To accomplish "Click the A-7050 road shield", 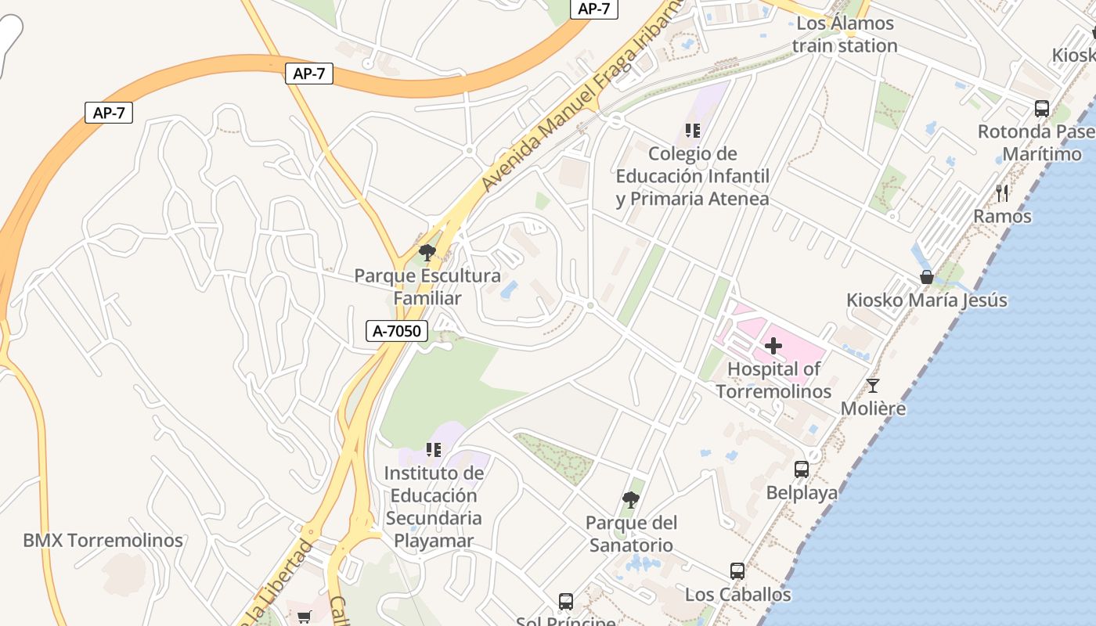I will pos(396,331).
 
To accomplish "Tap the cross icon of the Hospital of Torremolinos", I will pos(773,345).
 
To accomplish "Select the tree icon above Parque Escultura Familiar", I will pos(427,252).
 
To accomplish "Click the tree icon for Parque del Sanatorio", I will pos(631,499).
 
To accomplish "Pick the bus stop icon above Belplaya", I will pos(802,469).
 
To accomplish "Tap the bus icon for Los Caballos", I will pos(737,571).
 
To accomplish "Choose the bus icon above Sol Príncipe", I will pos(566,601).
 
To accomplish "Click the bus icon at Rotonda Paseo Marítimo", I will pos(1042,109).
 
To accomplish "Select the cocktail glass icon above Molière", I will pos(873,386).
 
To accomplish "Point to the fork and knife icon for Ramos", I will pos(1002,192).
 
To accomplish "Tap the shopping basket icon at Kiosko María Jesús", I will pos(927,277).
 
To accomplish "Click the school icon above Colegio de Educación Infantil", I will pos(692,131).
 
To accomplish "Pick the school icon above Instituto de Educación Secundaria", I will pos(434,450).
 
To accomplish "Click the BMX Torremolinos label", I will pos(103,540).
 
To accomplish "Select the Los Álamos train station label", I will pos(845,34).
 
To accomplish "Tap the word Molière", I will pos(873,408).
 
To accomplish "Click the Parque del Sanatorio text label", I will pos(631,534).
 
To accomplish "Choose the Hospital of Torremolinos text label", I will pos(773,380).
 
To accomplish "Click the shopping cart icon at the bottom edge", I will pos(305,617).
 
